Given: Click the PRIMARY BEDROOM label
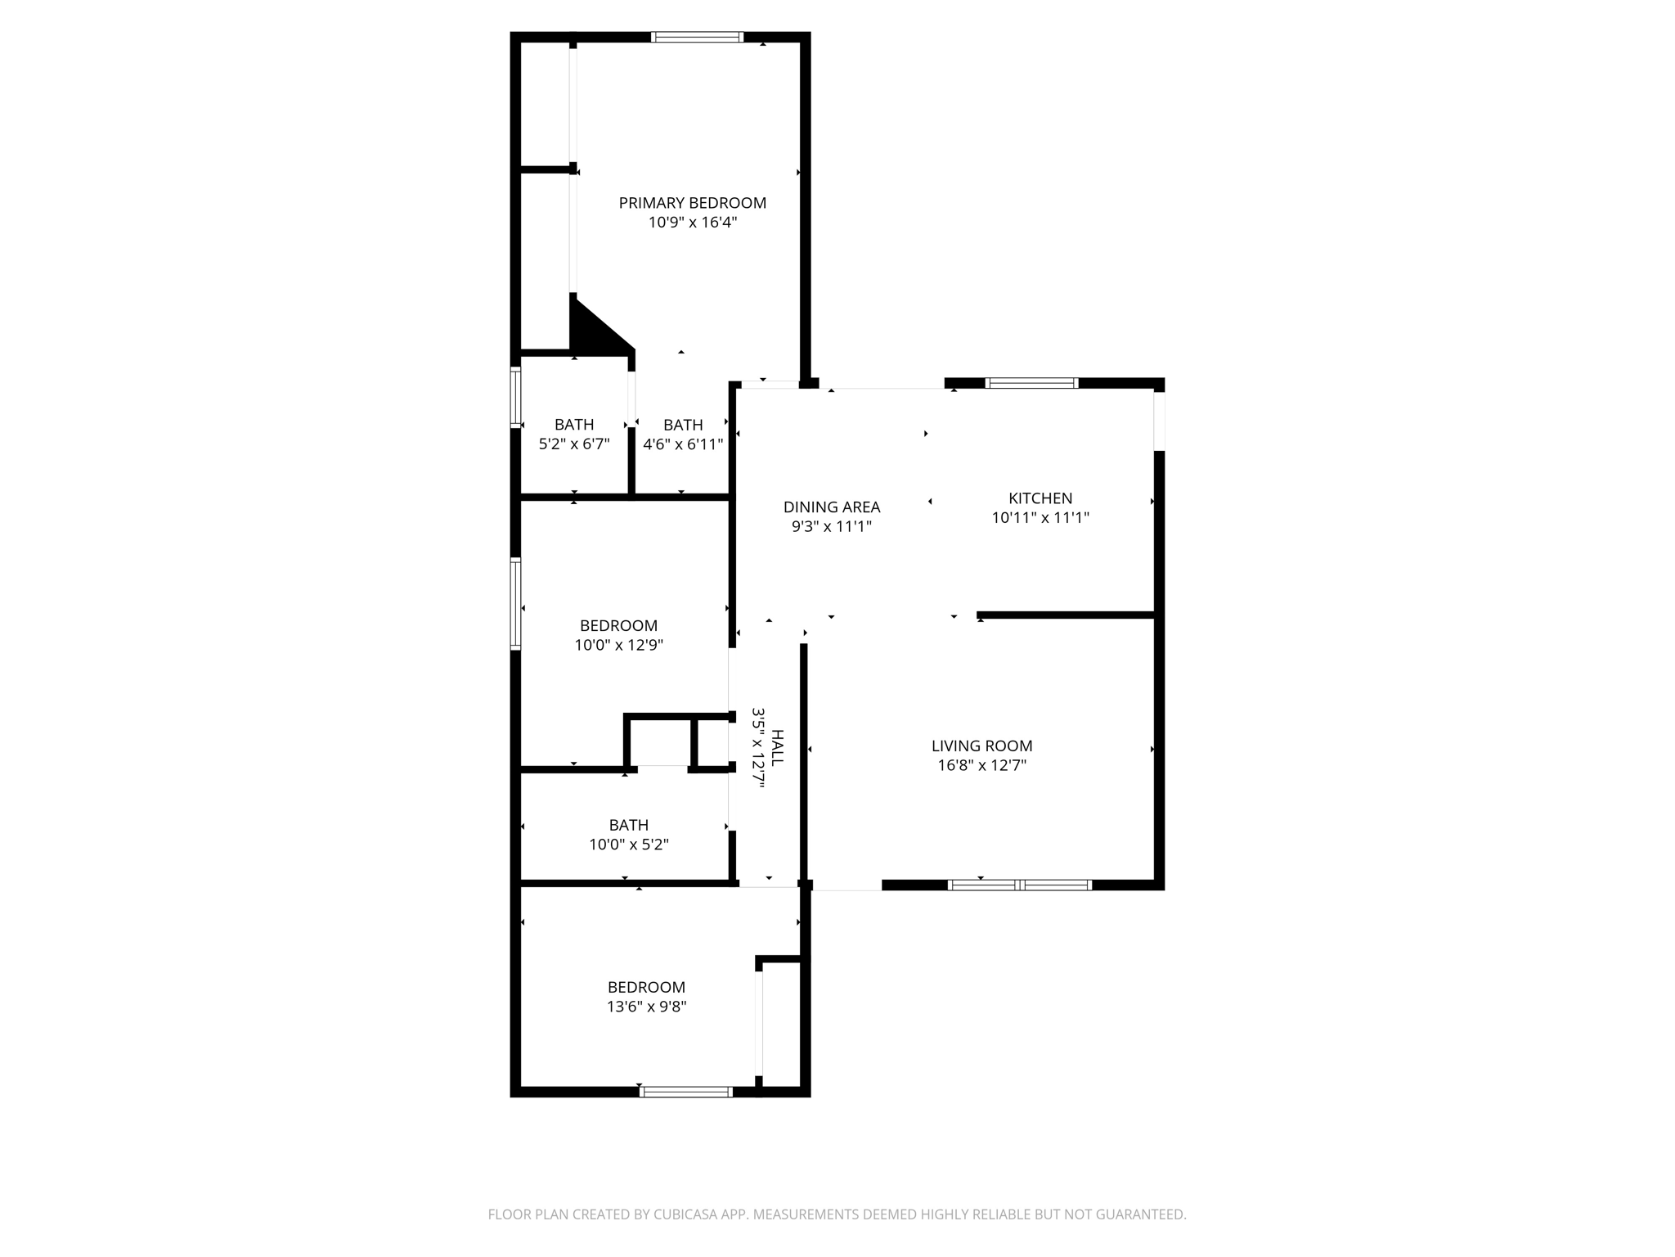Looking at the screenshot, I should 692,203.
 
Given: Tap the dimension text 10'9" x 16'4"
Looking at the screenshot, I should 693,223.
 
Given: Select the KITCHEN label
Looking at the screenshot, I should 1040,498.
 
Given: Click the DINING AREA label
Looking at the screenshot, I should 831,507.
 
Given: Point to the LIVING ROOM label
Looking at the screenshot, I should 981,746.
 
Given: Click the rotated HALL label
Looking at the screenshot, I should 777,748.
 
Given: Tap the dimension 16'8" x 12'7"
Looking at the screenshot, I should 981,766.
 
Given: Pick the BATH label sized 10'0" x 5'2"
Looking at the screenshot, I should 628,826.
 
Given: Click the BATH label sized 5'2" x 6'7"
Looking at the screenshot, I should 573,425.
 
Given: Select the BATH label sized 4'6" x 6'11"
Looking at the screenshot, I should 682,426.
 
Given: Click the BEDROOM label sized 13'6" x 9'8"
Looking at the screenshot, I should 646,988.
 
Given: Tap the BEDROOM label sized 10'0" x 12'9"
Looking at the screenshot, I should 618,626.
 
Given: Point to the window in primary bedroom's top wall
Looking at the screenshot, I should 697,37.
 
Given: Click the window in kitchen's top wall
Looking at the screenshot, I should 1031,383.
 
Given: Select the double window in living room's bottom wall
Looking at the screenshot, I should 1019,885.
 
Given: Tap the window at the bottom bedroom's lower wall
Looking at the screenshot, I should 685,1092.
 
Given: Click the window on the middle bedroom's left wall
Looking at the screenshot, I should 515,603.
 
